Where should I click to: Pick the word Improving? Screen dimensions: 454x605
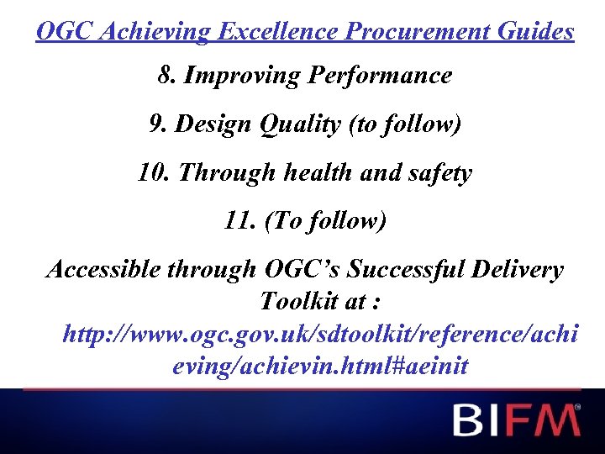point(242,76)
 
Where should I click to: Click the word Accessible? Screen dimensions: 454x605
point(102,270)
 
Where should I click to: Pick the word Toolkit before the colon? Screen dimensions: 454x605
point(299,300)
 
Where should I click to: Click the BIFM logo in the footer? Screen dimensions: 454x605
point(515,419)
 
